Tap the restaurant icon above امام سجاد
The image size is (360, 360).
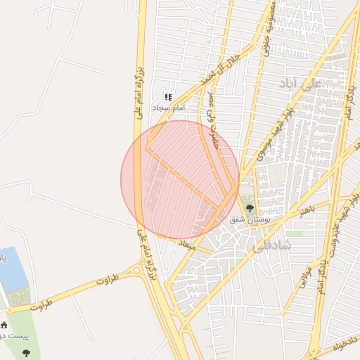coord(167,97)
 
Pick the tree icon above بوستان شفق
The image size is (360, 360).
coord(249,207)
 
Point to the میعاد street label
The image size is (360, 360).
coord(186,245)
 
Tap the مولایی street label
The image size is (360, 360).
coord(296,279)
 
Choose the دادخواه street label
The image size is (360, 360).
coord(342,346)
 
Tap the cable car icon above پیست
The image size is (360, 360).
coord(4,325)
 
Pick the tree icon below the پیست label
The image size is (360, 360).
coord(27,352)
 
